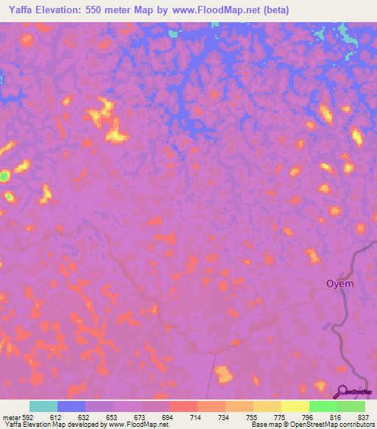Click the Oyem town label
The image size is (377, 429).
coord(340,284)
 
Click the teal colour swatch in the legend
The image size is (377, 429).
coord(43,406)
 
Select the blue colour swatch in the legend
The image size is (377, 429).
coord(71,406)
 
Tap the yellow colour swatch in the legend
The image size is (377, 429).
coord(295,406)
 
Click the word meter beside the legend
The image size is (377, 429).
coord(10,418)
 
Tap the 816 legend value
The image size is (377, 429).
coord(334,418)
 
